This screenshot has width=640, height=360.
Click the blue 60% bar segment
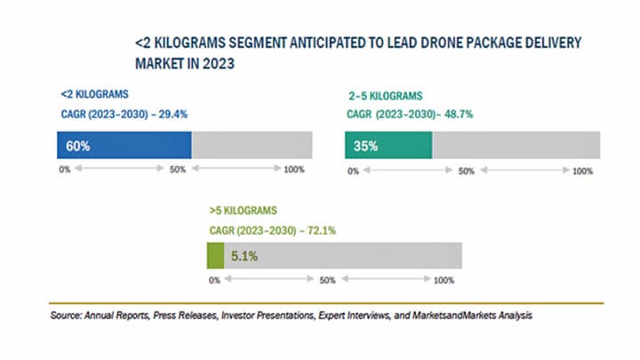point(124,146)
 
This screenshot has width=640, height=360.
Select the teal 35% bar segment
point(388,146)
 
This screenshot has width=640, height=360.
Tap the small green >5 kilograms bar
point(214,256)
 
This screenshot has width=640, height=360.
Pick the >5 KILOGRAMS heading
point(243,211)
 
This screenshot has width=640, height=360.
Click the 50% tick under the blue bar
point(178,169)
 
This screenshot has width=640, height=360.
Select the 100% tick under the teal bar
point(582,171)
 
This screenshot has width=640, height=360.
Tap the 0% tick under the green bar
point(214,281)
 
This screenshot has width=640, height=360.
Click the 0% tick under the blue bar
point(64,169)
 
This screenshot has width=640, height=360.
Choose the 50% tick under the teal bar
point(466,171)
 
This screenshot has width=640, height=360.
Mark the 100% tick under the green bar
point(443,281)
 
